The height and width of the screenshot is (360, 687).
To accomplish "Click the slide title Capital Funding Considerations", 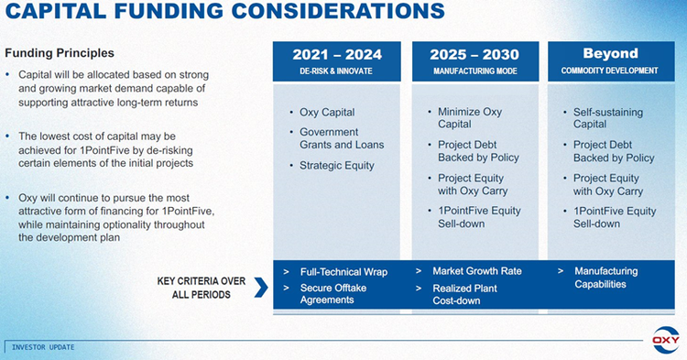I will click(x=224, y=14).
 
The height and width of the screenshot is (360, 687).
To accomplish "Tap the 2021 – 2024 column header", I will click(x=337, y=54).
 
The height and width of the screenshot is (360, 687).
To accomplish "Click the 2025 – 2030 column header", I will click(x=474, y=54).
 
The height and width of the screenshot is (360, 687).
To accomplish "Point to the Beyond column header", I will click(x=609, y=53).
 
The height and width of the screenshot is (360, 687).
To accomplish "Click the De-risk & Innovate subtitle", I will click(x=337, y=71).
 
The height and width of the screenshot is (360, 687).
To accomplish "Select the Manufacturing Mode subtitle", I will click(x=474, y=71).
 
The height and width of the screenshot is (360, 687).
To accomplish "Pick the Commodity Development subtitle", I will click(x=609, y=71).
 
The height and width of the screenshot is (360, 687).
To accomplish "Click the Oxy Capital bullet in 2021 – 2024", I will click(x=327, y=113).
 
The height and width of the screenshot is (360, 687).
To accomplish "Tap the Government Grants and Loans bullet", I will click(x=342, y=138).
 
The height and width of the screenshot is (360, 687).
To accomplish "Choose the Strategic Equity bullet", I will click(x=337, y=166).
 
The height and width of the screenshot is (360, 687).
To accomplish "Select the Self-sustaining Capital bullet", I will click(x=607, y=118).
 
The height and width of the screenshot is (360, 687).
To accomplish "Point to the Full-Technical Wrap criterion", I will click(x=343, y=272).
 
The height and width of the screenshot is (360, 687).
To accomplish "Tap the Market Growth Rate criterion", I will click(x=476, y=271).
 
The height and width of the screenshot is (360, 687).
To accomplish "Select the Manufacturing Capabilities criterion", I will click(x=605, y=278).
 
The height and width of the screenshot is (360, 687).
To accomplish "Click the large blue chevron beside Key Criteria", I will click(x=260, y=288).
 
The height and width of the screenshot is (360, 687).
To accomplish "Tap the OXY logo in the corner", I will click(x=666, y=340).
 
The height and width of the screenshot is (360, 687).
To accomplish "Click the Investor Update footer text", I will click(x=43, y=347).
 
